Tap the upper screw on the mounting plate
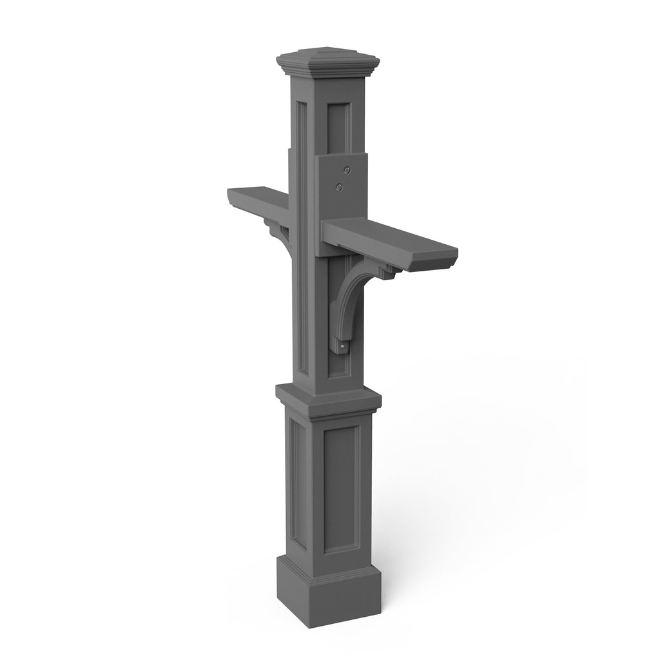(x=347, y=171)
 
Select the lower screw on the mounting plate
(x=340, y=187)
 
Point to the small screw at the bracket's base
(x=343, y=347)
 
